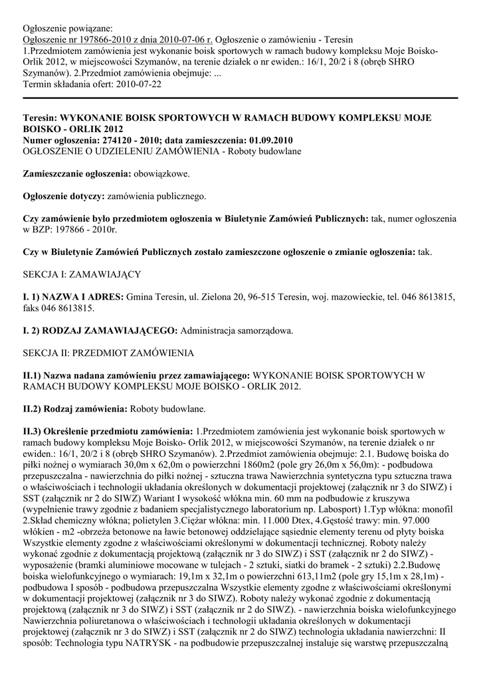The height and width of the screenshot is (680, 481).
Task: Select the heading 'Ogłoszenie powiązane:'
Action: pos(68,29)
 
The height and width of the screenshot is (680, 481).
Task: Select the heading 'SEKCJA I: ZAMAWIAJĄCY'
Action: pos(82,274)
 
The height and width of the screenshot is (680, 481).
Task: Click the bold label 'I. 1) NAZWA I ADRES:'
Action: pos(73,297)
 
